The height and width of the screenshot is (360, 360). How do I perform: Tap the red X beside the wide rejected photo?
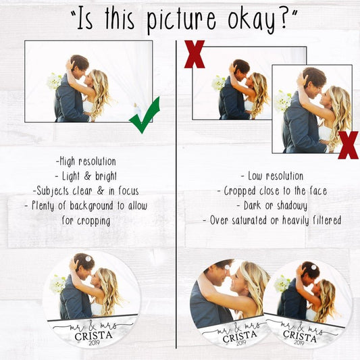pos(195,54)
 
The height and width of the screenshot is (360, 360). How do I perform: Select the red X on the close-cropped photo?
pos(348,145)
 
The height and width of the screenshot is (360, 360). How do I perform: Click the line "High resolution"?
pos(86,161)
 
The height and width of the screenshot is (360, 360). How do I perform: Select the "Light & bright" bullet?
pos(86,176)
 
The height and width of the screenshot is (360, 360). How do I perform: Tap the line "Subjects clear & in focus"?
pos(86,191)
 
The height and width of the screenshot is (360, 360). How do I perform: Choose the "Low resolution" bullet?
pos(272,176)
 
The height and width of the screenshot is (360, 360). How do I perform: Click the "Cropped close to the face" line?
pos(272,191)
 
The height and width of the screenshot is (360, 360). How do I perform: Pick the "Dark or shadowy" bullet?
pos(272,206)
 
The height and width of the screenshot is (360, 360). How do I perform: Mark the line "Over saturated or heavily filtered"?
pos(272,220)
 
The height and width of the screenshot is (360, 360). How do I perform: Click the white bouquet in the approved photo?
pos(55,82)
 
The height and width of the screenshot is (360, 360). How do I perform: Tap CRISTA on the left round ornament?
pos(94,336)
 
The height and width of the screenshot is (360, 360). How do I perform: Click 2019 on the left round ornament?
pos(93,344)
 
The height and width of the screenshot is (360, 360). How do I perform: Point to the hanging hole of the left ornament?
pos(88,259)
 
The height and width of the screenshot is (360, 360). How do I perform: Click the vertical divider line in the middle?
pos(176,195)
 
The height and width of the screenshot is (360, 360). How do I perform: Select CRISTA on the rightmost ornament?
pos(300,336)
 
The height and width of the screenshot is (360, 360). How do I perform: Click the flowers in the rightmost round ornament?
pos(282,284)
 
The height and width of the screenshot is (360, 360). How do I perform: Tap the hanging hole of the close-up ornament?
pos(227,267)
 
